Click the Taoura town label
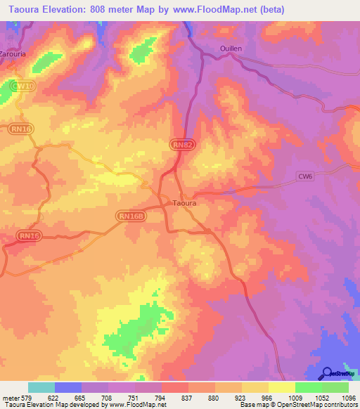point(185,203)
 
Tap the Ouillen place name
point(226,48)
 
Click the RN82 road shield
point(180,144)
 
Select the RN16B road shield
point(131,217)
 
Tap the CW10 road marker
point(24,86)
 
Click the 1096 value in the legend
point(348,398)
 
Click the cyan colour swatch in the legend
point(41,387)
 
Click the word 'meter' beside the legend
point(9,398)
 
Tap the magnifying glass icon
point(326,373)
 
